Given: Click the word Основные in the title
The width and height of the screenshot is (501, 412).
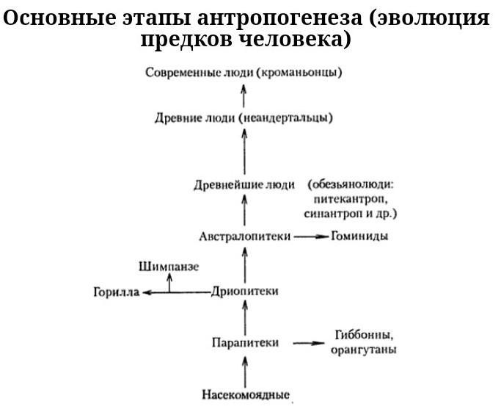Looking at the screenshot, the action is tap(59, 18).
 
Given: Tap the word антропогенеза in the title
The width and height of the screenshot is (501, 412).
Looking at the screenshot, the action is tap(280, 18).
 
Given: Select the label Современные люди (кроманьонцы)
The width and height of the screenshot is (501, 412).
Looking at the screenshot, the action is tap(244, 73).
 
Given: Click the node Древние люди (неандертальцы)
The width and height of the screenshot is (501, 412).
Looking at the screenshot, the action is tap(244, 118).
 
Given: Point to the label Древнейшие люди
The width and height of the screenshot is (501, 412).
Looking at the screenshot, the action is tap(244, 185).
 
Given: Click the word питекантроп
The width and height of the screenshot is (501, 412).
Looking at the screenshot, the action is tap(351, 200).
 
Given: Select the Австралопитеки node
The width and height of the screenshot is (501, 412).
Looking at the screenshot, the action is tap(245, 236).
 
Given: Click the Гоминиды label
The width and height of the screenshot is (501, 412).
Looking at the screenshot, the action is tap(359, 236).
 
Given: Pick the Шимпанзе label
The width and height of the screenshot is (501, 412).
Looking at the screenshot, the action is tap(169, 267).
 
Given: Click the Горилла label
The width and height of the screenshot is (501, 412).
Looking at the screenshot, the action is tap(117, 292).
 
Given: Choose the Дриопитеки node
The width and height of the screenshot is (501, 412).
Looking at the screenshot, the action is tap(245, 292).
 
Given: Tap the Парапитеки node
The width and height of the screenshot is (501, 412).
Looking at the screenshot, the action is tap(246, 342).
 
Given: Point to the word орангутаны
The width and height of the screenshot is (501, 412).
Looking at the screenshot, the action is tap(364, 350).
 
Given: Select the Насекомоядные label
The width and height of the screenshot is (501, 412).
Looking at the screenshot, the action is tap(246, 394).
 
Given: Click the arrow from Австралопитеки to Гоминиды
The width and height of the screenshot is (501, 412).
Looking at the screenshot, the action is tap(311, 236).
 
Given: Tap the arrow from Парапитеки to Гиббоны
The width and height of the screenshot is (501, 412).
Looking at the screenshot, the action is tap(309, 343).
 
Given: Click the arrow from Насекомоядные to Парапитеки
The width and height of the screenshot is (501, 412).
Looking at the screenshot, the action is tap(245, 372).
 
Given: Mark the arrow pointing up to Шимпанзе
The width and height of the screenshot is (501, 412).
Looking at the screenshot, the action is tap(169, 283).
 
